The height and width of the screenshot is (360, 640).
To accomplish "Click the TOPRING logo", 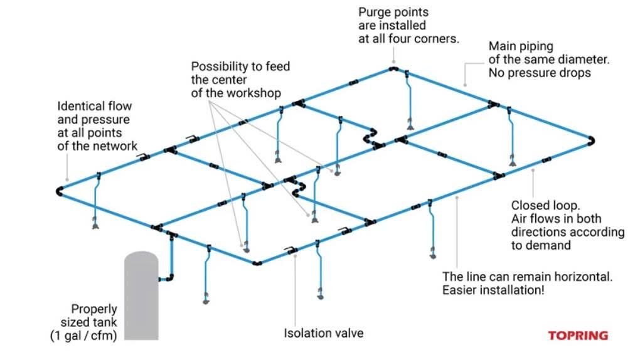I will (x=578, y=336).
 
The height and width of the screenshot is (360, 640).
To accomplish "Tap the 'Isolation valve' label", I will (x=323, y=333).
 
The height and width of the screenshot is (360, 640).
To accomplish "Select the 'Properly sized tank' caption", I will (x=93, y=315).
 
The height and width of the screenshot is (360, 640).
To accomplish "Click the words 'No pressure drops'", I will (x=540, y=72).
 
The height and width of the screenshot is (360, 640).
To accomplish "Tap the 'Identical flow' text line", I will (x=94, y=106).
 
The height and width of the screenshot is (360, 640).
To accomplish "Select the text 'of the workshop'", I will (x=236, y=93).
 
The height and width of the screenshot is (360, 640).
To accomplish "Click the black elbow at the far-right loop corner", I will (x=591, y=140).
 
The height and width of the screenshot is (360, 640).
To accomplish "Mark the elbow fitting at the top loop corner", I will (x=393, y=68).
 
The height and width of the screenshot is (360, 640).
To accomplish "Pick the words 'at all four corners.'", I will (x=408, y=38).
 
